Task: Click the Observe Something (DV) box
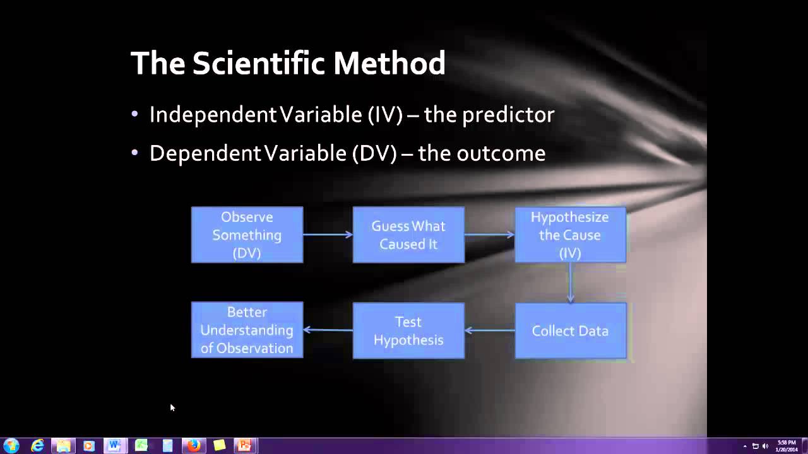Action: coord(247,235)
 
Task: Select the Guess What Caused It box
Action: coord(408,235)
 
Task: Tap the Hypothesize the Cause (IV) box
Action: coord(570,235)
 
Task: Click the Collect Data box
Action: coord(570,330)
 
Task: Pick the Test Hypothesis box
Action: coord(408,330)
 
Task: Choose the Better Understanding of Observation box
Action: coord(247,330)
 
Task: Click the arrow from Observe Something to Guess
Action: coord(328,235)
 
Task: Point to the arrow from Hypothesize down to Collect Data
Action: coord(570,282)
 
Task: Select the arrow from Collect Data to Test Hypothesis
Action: coord(490,330)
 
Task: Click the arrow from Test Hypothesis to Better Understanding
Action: coord(328,330)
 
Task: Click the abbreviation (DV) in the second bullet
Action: coord(374,153)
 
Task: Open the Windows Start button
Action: coord(11,446)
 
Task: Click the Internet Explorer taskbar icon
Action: coord(38,446)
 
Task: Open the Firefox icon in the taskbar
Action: coord(193,446)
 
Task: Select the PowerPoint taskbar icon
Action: coord(244,446)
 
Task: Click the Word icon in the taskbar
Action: coord(114,446)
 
